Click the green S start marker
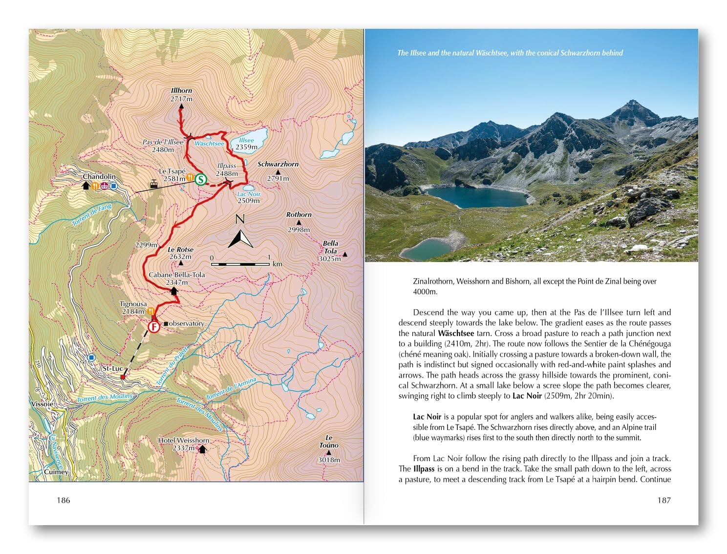coord(200,179)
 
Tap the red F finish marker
coord(154,326)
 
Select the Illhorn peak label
coord(181,91)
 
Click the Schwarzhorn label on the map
coord(278,165)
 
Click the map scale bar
coord(240,264)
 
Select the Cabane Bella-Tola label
coord(176,275)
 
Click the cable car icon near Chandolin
coord(154,184)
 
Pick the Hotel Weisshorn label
coord(183,440)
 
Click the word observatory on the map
coord(186,323)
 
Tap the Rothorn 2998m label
coord(299,222)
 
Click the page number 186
coord(64,500)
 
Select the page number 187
coord(663,500)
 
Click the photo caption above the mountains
coord(510,53)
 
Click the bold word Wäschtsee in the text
coord(456,333)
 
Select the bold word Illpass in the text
coord(424,469)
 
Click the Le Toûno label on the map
coord(329,442)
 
